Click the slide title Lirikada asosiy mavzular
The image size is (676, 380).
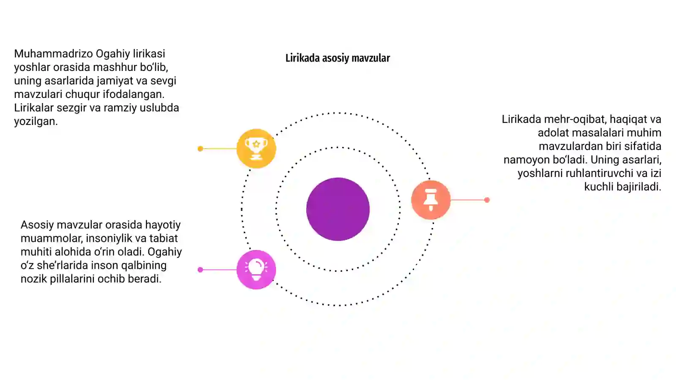pos(338,58)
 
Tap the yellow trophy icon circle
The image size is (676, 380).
pos(256,148)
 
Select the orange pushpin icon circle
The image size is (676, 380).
pos(431,200)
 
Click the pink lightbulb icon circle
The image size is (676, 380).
pos(256,270)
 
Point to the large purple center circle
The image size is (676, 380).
pos(338,209)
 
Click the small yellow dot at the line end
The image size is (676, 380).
pos(200,149)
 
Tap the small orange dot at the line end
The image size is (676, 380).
pos(487,200)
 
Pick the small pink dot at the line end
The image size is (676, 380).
pos(200,270)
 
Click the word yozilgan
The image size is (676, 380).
pos(35,122)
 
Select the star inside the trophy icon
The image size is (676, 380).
pos(256,144)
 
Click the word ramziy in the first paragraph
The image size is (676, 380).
pos(120,108)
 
